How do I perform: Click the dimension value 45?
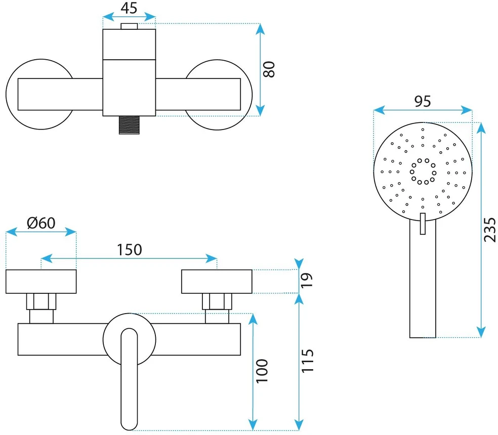[129, 8]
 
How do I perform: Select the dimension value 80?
[269, 69]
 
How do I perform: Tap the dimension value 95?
[423, 101]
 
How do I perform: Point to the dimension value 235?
[490, 230]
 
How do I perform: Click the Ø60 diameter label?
[41, 223]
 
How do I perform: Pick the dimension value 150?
[129, 249]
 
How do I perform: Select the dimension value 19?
[307, 280]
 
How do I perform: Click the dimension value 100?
[262, 371]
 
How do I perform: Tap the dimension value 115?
[307, 361]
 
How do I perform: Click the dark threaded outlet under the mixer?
[129, 125]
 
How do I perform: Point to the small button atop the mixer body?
[129, 26]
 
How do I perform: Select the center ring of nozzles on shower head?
[423, 171]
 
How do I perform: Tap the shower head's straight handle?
[423, 279]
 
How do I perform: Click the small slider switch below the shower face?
[423, 224]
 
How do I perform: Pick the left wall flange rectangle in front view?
[41, 282]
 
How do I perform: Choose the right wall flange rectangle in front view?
[217, 282]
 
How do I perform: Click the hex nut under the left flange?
[41, 301]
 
